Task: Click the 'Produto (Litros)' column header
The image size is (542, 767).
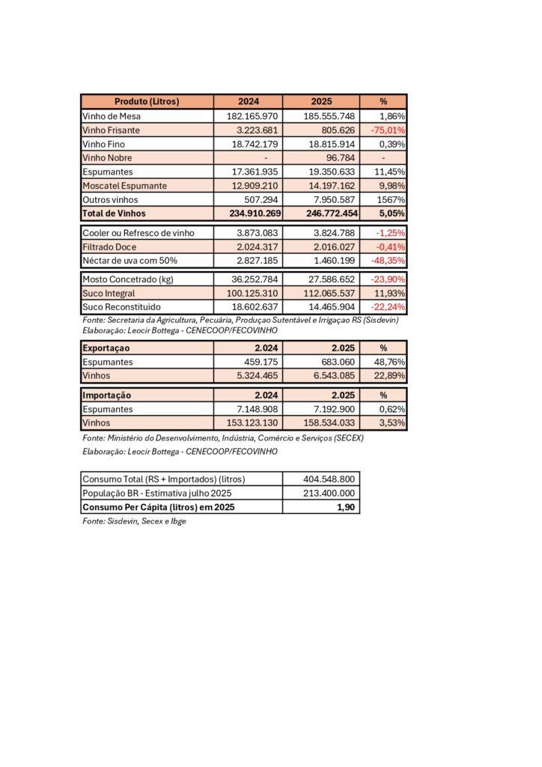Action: coord(147,102)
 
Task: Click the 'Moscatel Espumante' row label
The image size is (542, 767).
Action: coord(124,186)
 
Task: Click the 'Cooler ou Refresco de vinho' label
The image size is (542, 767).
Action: coord(138,233)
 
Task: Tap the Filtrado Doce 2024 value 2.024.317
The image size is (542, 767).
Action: coord(255,246)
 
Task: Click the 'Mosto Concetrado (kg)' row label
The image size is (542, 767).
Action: coord(128,279)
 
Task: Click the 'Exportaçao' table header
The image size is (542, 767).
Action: coord(106,348)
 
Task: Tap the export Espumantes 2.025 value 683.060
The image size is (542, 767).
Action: coord(334,362)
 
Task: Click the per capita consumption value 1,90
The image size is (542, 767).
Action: coord(345,507)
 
